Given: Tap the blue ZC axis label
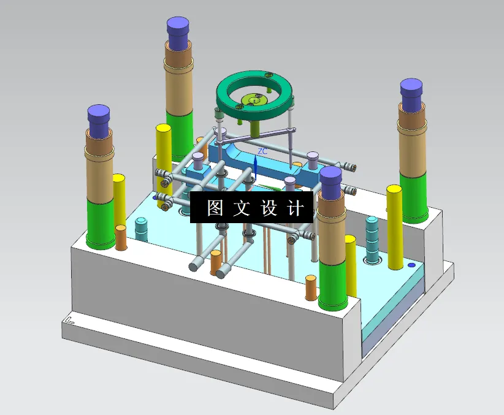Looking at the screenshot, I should (x=262, y=151).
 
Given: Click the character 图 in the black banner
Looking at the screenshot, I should (x=215, y=208).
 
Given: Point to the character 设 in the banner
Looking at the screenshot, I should (x=269, y=208).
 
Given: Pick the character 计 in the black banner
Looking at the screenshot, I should (x=296, y=208).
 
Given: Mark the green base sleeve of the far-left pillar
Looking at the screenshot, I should (x=100, y=223).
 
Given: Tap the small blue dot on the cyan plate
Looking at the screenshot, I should (x=411, y=265).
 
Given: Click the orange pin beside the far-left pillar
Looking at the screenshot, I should (x=121, y=237).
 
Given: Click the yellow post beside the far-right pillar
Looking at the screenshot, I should (x=395, y=227).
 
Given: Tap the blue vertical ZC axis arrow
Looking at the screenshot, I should (x=255, y=166).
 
